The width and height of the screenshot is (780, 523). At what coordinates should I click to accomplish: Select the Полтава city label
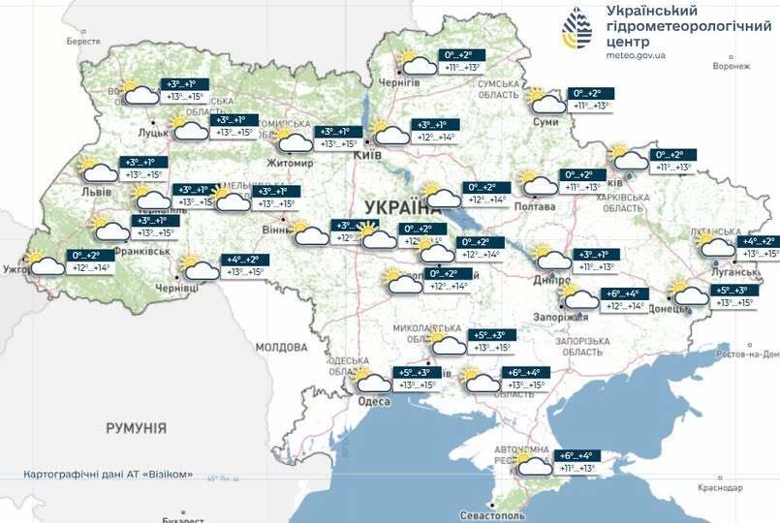tap(538, 205)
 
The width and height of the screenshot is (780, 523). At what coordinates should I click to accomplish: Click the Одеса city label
tap(374, 402)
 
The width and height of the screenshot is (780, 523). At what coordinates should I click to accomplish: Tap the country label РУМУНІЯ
tap(137, 427)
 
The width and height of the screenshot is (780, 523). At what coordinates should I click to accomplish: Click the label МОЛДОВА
tap(282, 346)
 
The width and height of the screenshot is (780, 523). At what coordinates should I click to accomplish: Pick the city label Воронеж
tap(731, 67)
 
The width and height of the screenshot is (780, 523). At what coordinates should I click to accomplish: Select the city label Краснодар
tap(726, 488)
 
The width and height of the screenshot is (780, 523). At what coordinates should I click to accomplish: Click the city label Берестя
tap(83, 42)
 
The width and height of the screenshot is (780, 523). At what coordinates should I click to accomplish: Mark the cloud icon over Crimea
tap(534, 464)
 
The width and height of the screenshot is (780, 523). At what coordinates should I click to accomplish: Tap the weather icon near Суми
tap(546, 101)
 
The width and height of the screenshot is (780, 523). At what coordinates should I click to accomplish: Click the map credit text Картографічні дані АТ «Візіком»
tap(108, 475)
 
